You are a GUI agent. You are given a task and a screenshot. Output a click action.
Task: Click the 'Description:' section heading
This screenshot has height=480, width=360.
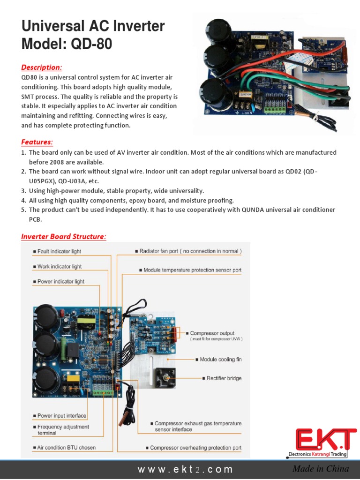(x=42, y=67)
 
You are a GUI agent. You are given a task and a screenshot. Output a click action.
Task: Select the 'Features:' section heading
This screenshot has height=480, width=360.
(x=37, y=142)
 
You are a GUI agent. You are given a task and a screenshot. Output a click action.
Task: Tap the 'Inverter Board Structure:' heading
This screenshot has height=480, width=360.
(x=64, y=237)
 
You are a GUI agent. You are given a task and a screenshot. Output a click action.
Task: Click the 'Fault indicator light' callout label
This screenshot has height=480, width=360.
(x=59, y=252)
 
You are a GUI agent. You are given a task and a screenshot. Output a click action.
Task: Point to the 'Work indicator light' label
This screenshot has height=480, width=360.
(x=59, y=267)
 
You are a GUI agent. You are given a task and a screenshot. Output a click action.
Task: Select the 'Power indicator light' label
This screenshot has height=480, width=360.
(x=61, y=282)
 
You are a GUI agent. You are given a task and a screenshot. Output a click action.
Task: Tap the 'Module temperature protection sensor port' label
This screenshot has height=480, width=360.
(x=193, y=270)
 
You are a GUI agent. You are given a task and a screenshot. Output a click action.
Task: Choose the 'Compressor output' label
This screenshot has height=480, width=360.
(x=212, y=333)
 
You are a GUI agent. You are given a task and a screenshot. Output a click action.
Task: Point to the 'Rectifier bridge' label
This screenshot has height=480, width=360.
(x=224, y=378)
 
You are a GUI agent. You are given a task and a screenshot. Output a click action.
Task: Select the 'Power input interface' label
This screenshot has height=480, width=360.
(x=62, y=416)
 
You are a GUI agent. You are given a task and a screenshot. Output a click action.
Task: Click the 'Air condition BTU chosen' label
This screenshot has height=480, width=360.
(x=66, y=448)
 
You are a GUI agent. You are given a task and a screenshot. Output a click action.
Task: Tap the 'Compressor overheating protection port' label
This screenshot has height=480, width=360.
(x=195, y=448)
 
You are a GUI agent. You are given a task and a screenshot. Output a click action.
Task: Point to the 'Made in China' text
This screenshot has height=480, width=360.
(x=321, y=469)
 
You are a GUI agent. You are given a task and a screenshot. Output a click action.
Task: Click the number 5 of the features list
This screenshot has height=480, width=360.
(x=23, y=210)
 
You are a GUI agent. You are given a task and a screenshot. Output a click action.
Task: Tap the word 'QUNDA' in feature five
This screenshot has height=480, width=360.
(x=253, y=210)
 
